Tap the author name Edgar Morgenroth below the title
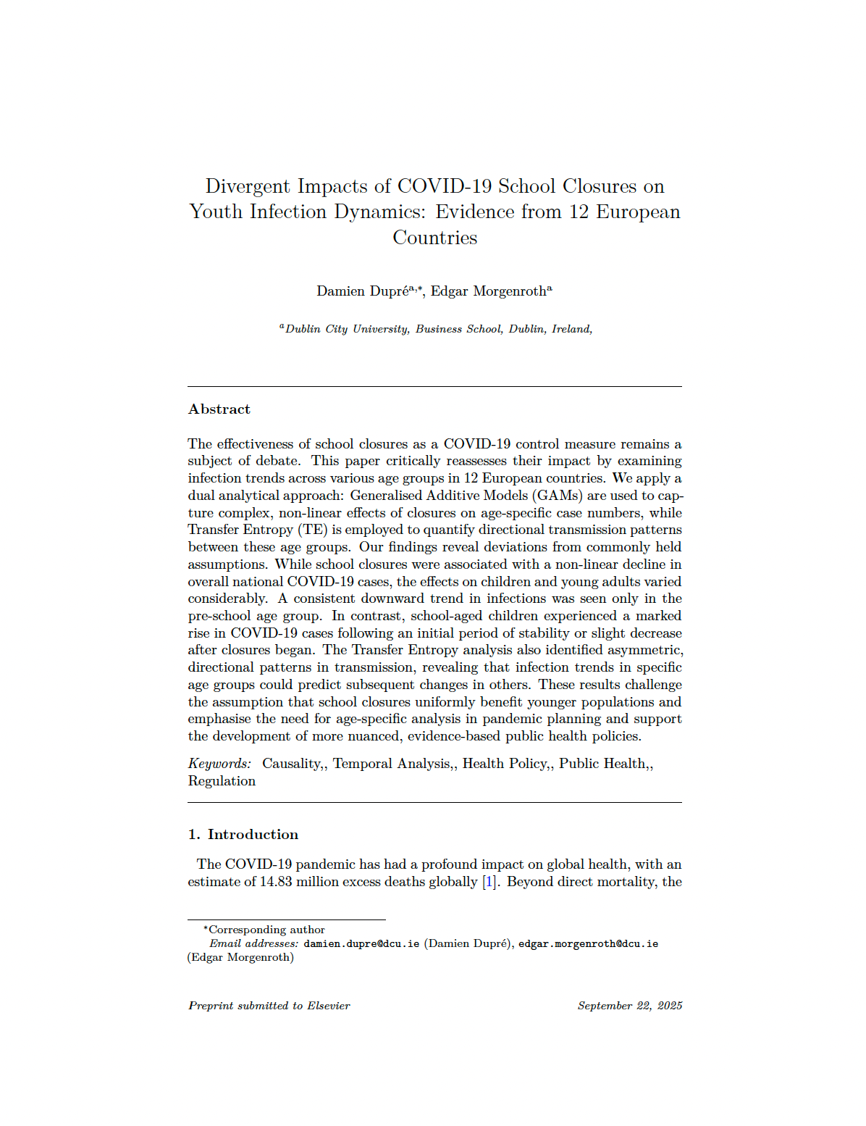pos(489,291)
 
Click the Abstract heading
pos(219,409)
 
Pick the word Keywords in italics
pos(219,764)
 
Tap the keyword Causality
pos(292,764)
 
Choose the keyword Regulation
pos(222,781)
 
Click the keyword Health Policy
pos(505,764)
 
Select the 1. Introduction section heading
pos(243,835)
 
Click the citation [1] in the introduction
pos(490,882)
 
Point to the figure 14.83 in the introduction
pos(275,882)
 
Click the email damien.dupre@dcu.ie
pos(361,944)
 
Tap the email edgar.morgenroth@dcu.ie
pos(588,944)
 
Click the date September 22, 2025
pos(630,1006)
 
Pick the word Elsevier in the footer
pos(329,1006)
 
